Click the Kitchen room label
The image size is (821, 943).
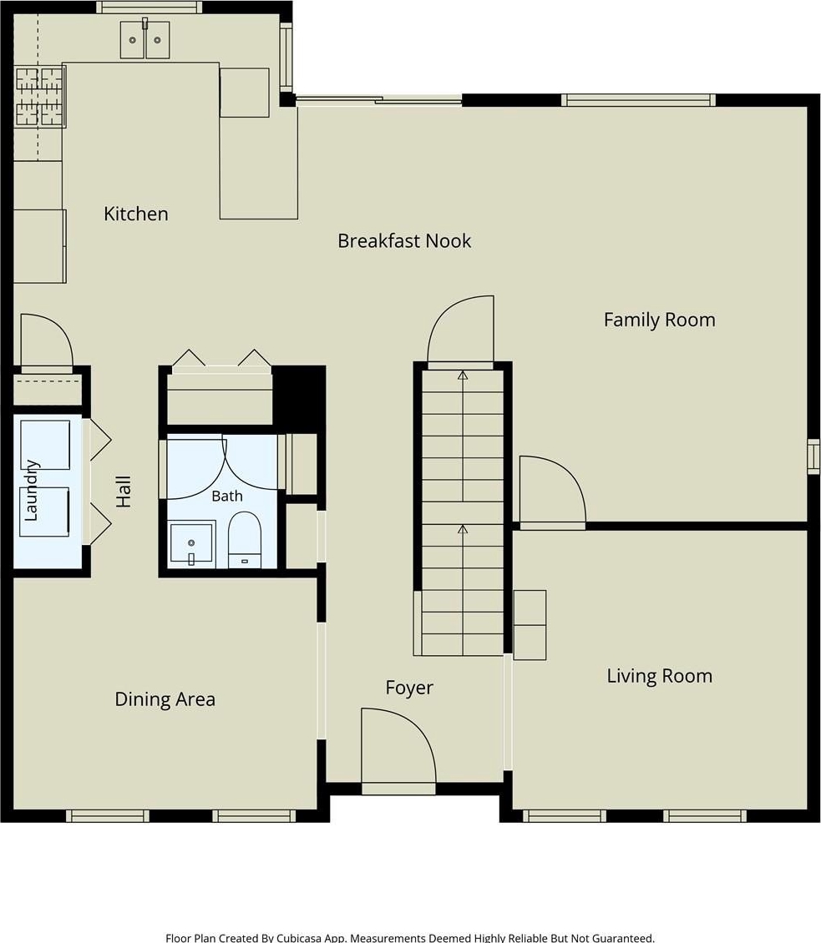coord(135,214)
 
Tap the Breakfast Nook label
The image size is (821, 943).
coord(404,240)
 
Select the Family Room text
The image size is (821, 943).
coord(660,320)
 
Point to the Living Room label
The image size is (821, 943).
coord(660,676)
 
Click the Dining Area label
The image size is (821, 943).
coord(165,698)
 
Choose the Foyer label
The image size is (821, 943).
coord(409,688)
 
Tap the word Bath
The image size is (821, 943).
coord(227,497)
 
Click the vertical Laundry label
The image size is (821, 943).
coord(31,490)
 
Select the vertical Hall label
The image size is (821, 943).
coord(123,492)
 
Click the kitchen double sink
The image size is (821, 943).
coord(144,39)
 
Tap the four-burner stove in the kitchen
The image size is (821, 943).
coord(40,97)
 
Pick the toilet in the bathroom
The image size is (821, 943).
coord(245,539)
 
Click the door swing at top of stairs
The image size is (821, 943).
coord(460,330)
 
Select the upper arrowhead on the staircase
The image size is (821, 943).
coord(462,376)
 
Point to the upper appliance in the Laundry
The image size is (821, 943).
coord(45,445)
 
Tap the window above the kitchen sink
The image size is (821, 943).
coord(150,8)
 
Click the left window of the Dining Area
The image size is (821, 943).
coord(107,815)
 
